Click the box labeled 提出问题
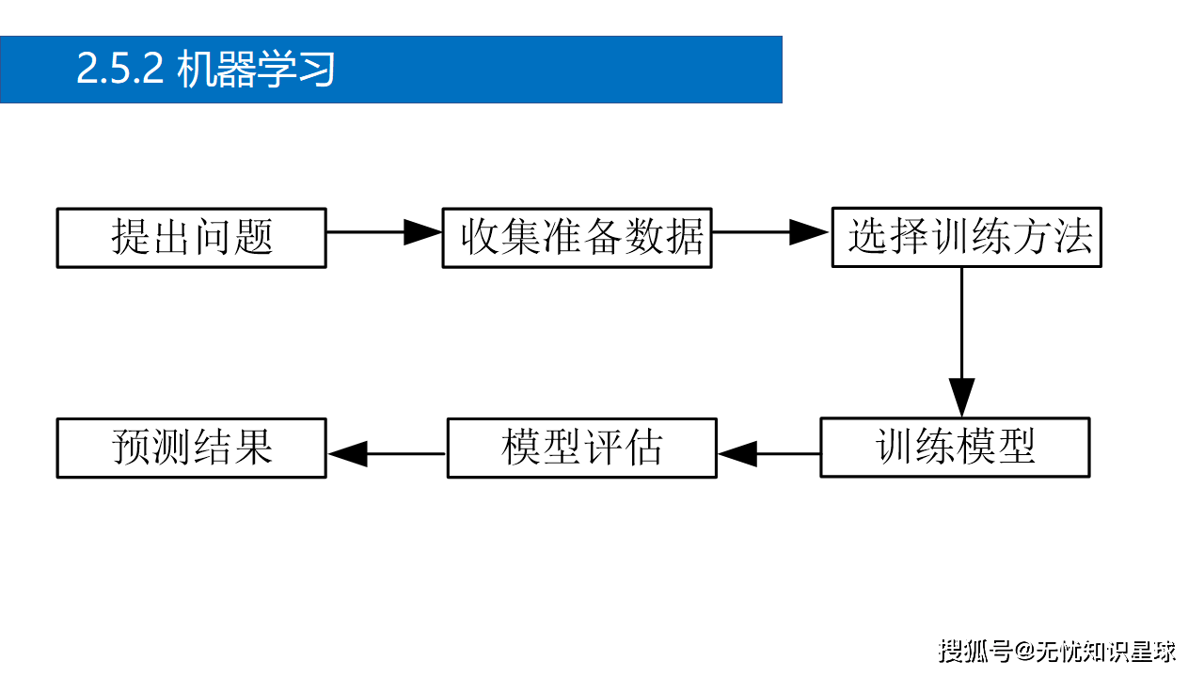[x=191, y=238]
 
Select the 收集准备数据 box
[x=577, y=238]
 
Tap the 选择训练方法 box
[x=966, y=238]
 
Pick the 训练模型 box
[x=955, y=448]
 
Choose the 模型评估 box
[x=581, y=448]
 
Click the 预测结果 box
[x=191, y=448]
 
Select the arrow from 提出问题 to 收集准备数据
[x=384, y=232]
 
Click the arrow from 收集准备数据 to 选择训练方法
[x=770, y=232]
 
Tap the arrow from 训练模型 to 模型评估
[x=768, y=454]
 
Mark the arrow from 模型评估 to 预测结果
[x=387, y=454]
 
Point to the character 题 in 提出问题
[x=253, y=238]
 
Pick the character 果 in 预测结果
[x=253, y=448]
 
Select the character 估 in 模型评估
[x=643, y=448]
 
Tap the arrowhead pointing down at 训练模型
[x=961, y=397]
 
